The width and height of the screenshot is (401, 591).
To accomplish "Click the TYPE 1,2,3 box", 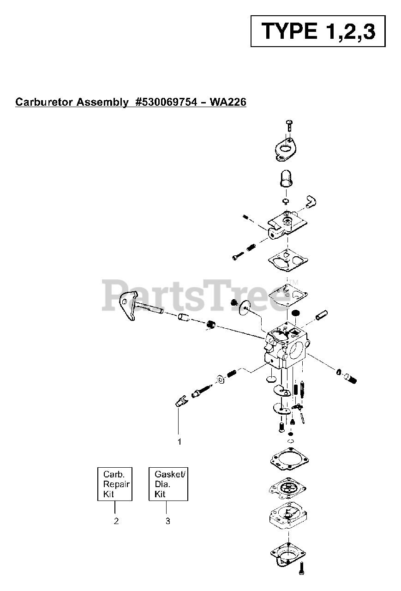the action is pos(318,30).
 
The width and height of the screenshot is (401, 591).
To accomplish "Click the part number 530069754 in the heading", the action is pos(172,102).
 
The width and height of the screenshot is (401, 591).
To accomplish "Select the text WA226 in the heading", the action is pos(227,102).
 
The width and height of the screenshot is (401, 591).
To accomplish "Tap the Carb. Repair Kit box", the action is pos(115,484).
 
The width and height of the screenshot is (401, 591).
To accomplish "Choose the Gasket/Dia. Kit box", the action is pos(168,484).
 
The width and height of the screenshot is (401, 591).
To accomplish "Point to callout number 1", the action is pos(180,441).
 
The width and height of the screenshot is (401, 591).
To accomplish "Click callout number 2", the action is pos(116,521).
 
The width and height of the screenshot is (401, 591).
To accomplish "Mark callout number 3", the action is pos(168,521).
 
